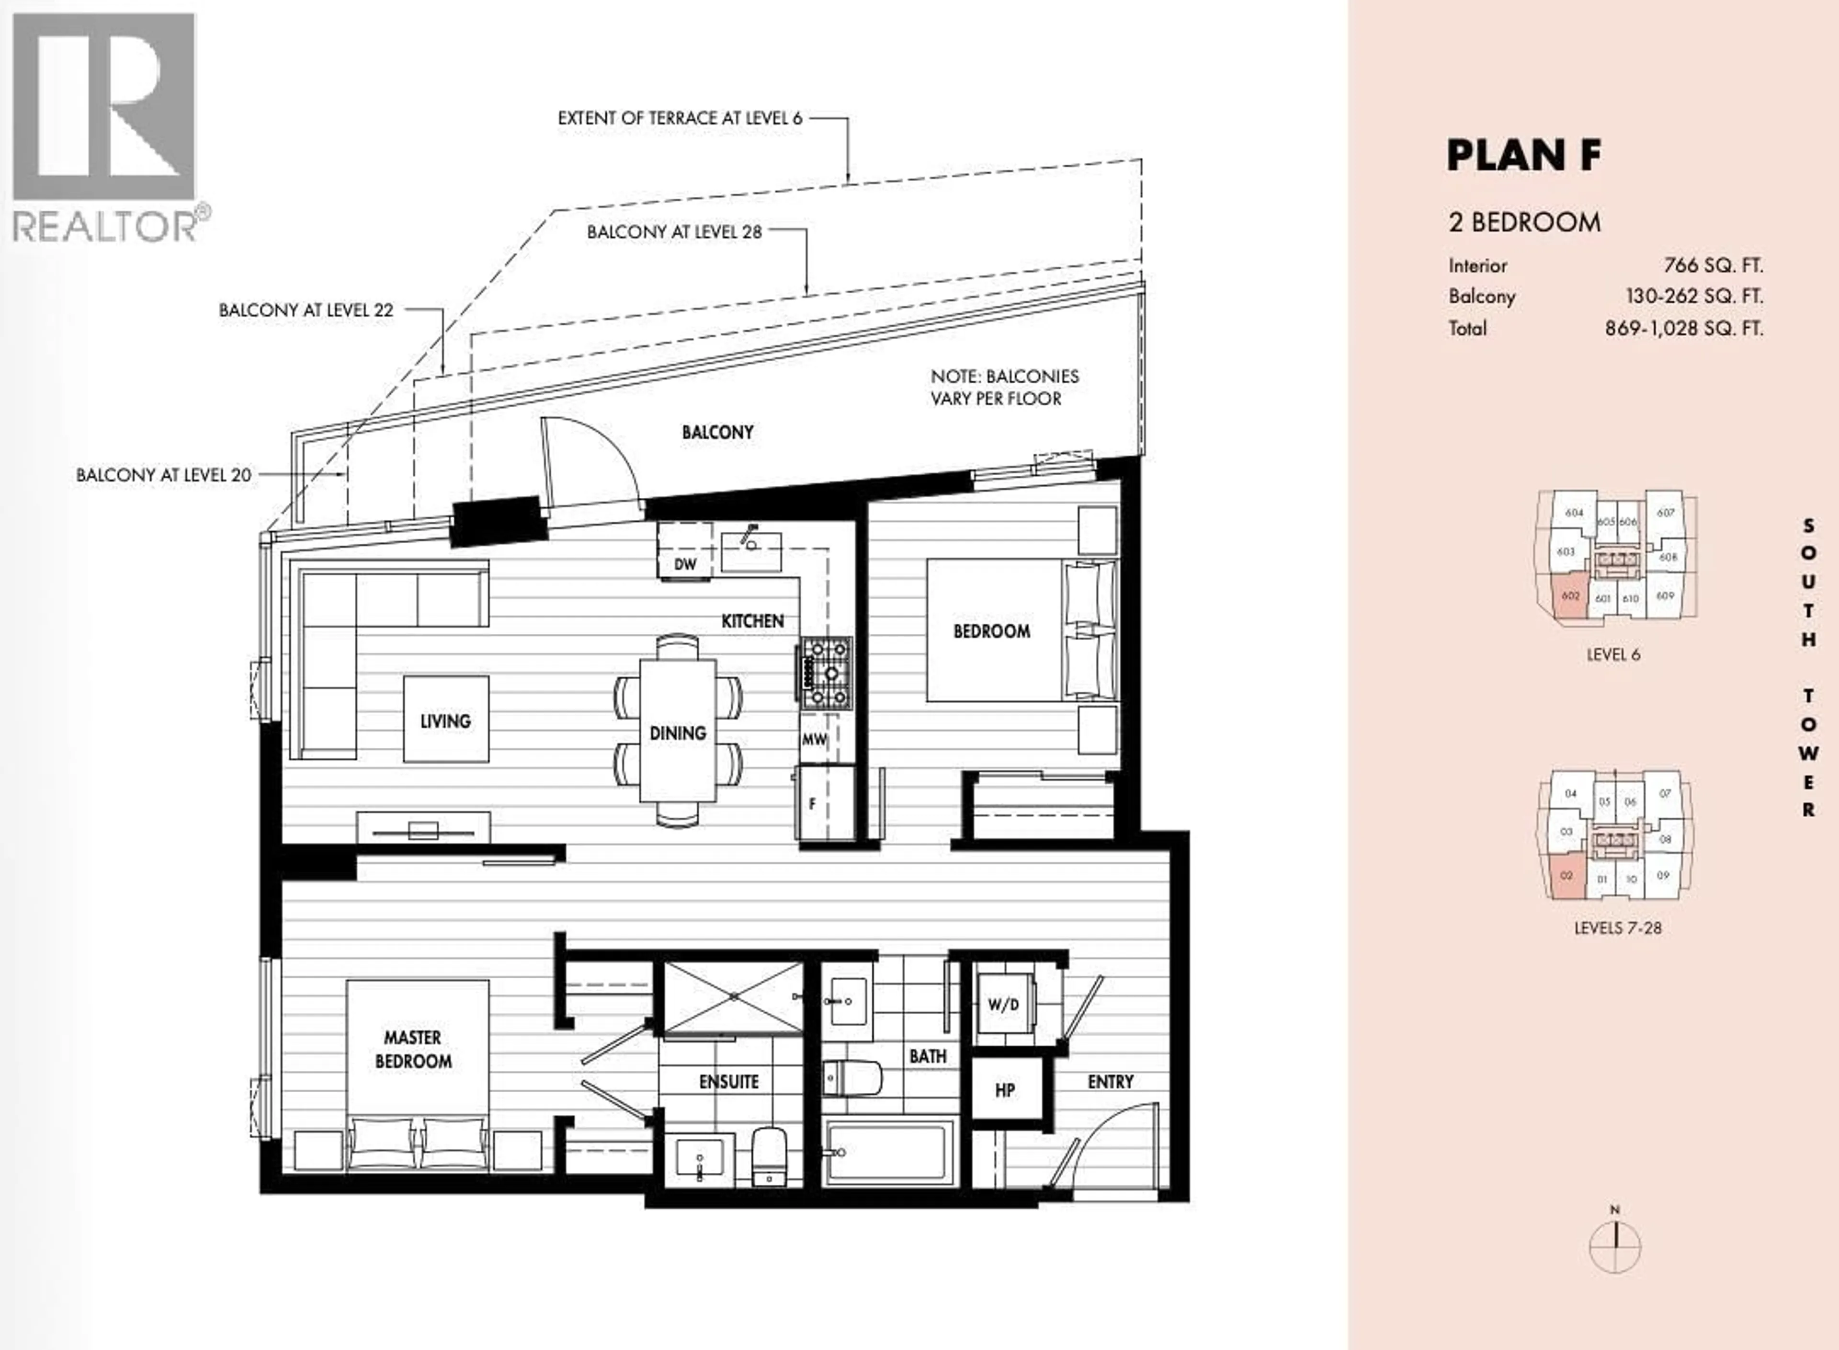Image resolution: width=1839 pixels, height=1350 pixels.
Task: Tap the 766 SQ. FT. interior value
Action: click(x=1713, y=265)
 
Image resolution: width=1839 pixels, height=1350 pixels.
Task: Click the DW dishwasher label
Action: click(x=685, y=564)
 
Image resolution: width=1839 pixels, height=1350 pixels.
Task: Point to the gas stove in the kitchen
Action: click(x=826, y=673)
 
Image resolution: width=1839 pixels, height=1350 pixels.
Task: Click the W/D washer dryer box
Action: click(x=1003, y=1004)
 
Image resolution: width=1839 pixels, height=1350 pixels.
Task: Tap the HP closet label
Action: click(x=1005, y=1090)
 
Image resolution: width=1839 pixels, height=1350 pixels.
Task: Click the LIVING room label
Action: click(x=445, y=721)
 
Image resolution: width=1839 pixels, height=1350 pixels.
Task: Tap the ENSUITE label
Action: click(x=729, y=1082)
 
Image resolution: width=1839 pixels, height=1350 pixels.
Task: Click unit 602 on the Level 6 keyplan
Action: click(x=1569, y=596)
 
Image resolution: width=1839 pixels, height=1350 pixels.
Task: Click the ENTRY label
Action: click(x=1110, y=1082)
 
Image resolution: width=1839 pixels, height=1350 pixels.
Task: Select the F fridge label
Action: click(x=812, y=804)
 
